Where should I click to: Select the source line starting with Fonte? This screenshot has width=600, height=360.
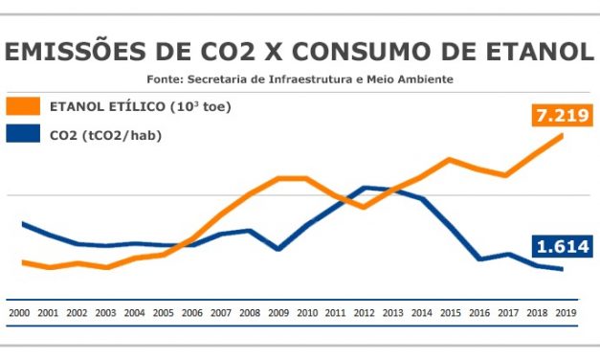click(x=300, y=79)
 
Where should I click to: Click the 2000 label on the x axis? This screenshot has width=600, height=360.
click(x=19, y=312)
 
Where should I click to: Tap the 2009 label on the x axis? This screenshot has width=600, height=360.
click(x=278, y=312)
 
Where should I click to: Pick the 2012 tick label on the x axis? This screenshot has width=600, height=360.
click(x=365, y=312)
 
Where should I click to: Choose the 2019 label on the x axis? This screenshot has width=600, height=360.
click(x=567, y=312)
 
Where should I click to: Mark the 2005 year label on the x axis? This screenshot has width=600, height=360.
click(x=163, y=312)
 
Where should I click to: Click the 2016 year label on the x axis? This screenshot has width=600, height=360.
click(x=479, y=312)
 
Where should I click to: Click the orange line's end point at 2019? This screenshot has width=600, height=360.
click(x=563, y=135)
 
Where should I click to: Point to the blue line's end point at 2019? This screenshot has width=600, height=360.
click(x=563, y=269)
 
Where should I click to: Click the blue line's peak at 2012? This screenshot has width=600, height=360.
click(x=365, y=188)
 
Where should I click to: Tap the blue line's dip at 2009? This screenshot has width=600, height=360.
click(x=278, y=249)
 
